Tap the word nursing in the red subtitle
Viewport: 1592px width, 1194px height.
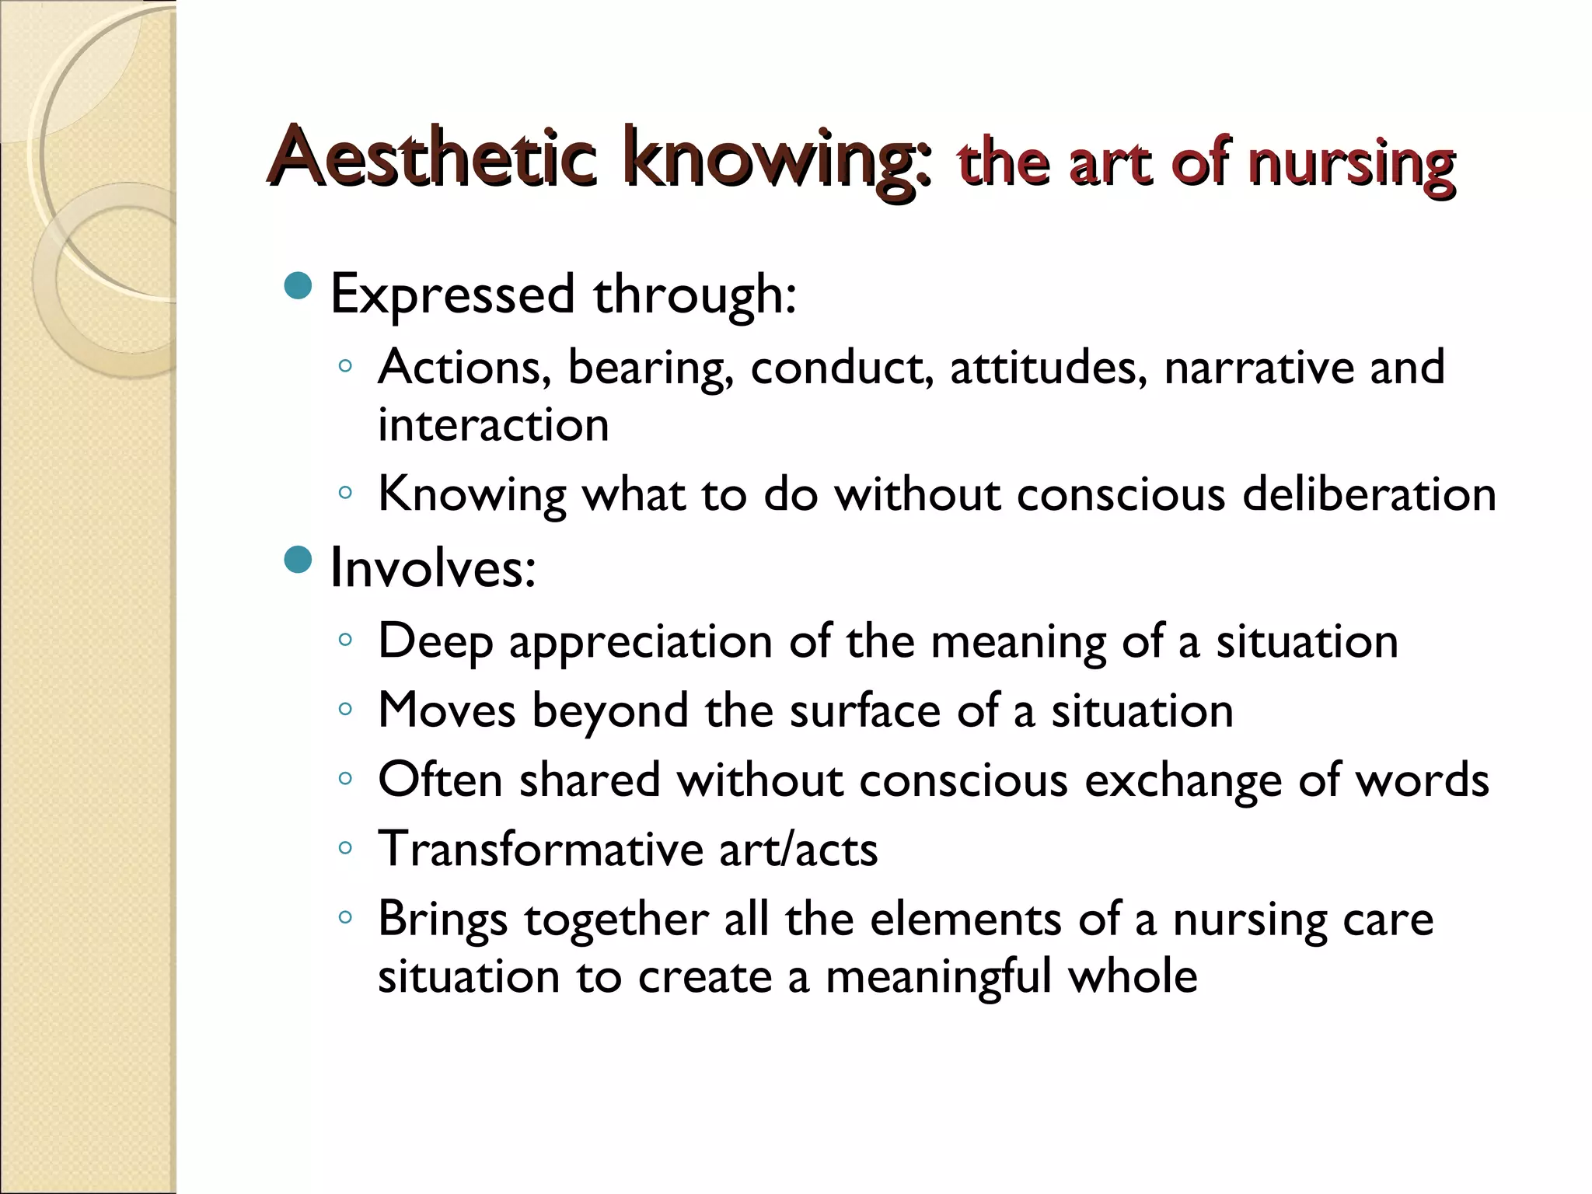[1351, 166]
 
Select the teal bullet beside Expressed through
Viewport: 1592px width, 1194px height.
[298, 286]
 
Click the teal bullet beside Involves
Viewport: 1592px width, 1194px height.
[298, 559]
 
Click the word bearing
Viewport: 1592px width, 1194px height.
[651, 368]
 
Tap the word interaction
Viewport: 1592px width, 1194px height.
[493, 425]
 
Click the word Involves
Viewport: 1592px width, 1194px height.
[432, 568]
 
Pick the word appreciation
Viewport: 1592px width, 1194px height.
[641, 642]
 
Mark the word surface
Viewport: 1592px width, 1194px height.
[864, 710]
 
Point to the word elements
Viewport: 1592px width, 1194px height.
[965, 919]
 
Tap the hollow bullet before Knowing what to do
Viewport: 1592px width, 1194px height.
[346, 492]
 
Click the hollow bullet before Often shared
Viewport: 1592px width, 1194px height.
[346, 778]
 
